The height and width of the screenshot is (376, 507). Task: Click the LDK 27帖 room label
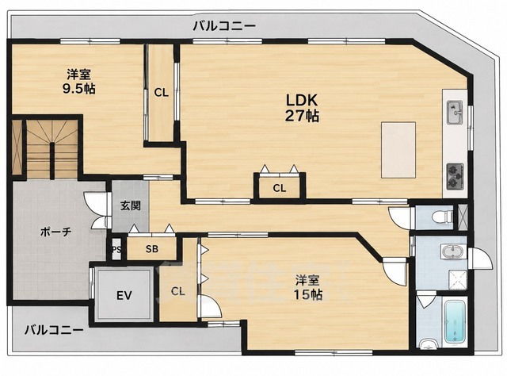pos(302,108)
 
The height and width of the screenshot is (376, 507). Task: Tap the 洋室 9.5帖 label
pos(79,81)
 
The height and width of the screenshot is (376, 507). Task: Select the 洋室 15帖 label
pos(308,287)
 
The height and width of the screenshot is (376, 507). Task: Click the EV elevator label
pos(124,295)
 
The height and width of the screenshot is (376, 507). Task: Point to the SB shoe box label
pos(151,249)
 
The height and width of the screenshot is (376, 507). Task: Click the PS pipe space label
pos(116,249)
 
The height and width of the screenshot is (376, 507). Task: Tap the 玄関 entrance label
pos(131,205)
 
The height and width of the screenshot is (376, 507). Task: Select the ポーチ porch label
pos(55,232)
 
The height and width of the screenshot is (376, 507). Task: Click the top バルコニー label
pos(224,25)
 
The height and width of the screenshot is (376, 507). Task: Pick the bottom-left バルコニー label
pos(54,330)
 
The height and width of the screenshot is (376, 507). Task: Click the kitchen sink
pos(455,113)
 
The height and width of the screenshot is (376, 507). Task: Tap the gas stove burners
pos(455,177)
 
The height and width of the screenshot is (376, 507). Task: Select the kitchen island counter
pos(398,150)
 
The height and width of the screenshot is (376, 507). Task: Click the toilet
pos(443,217)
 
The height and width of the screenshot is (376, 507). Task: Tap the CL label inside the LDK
pos(280,188)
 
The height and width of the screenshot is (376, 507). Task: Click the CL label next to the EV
pos(177,291)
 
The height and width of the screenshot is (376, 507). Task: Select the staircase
pos(51,149)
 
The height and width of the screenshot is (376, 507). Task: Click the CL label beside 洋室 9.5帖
pos(161,93)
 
